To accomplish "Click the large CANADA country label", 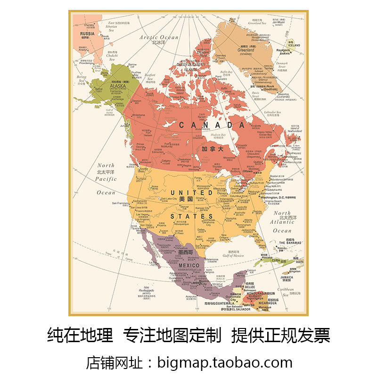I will (212, 125).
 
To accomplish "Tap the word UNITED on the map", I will (191, 193).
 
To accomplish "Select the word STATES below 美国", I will (191, 216).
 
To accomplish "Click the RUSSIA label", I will (88, 33).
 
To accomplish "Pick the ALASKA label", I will (105, 86).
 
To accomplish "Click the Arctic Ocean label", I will (159, 37).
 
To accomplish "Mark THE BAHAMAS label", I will (287, 243).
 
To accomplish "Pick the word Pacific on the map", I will (106, 179).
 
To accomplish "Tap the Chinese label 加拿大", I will (212, 149).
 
